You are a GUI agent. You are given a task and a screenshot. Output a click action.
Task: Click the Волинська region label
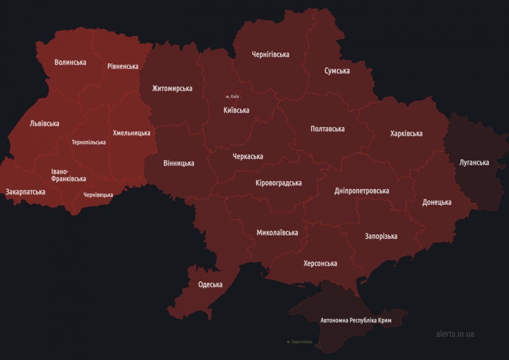click(x=70, y=62)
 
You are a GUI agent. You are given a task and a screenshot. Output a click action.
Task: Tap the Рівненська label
click(x=123, y=67)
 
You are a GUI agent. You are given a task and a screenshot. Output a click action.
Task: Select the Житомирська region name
click(x=172, y=89)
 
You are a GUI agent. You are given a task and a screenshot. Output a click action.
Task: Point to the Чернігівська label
click(x=271, y=54)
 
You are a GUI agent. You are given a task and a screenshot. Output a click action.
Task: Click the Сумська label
click(x=337, y=71)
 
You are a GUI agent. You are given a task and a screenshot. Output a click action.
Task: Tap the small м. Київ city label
click(x=232, y=97)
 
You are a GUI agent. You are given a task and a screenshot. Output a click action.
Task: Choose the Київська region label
click(x=236, y=110)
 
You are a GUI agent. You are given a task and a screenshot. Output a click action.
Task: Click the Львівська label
click(x=45, y=124)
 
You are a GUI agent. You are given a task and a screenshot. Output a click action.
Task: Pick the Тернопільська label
click(x=89, y=142)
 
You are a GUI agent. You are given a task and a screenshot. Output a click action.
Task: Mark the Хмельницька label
click(x=131, y=133)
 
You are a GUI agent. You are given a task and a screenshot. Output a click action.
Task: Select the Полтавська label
click(x=327, y=129)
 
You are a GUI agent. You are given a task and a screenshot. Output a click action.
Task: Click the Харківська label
click(x=406, y=134)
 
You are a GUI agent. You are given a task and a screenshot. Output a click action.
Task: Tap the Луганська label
click(x=474, y=163)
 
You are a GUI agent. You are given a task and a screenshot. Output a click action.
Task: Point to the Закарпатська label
click(x=25, y=192)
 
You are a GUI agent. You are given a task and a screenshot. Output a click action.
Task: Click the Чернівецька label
click(x=98, y=195)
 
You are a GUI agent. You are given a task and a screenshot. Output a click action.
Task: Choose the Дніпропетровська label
click(x=362, y=191)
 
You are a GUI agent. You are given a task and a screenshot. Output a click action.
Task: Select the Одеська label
click(x=210, y=284)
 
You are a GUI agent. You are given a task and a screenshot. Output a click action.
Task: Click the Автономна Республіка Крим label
click(x=356, y=320)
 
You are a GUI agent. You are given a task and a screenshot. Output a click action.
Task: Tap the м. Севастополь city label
click(x=299, y=342)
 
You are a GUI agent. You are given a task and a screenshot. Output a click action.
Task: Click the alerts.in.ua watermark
click(x=455, y=334)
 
